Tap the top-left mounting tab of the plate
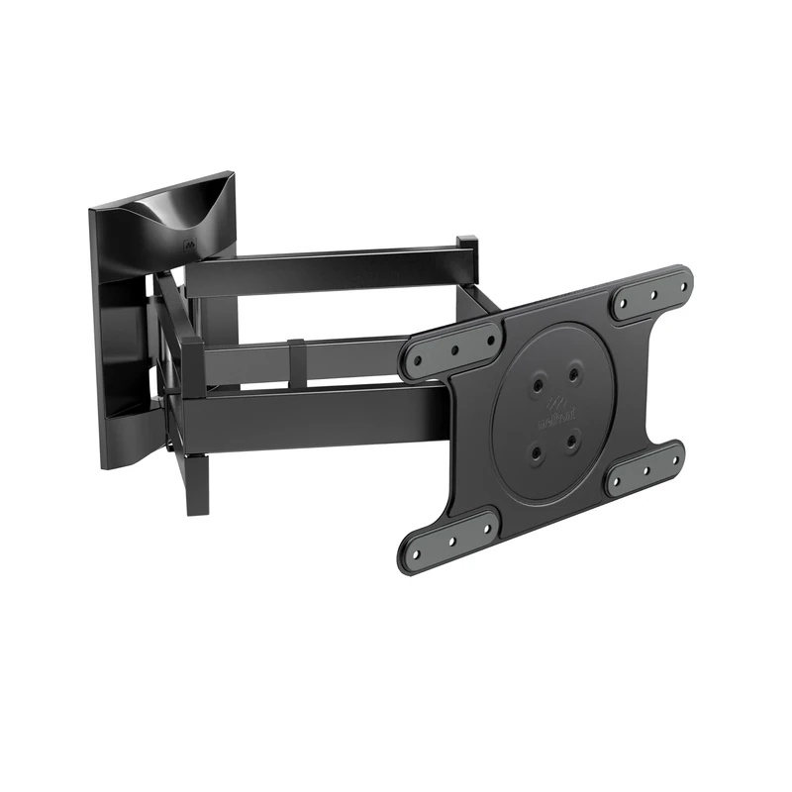click(x=452, y=349)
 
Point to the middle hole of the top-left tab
click(x=454, y=348)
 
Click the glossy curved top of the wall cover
click(x=173, y=208)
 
